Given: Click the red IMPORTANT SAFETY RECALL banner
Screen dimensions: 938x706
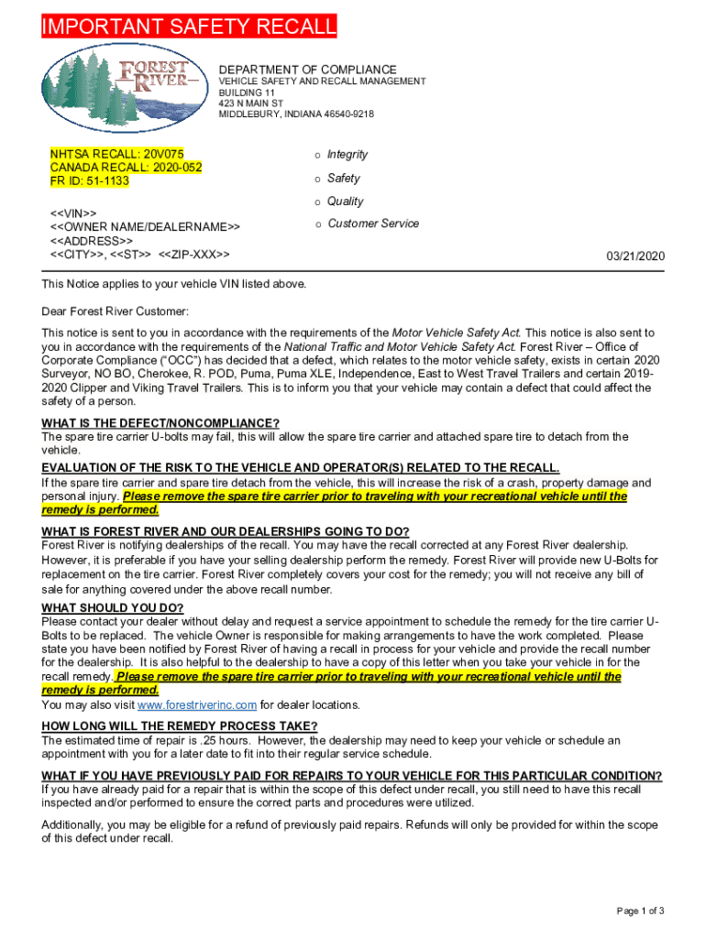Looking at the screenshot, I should coord(189,27).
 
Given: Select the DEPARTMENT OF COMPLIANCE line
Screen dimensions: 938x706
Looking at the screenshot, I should coord(307,70).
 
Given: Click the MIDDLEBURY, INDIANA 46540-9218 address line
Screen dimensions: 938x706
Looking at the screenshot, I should coord(296,114).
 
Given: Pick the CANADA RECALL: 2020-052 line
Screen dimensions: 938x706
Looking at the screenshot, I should coord(126,168).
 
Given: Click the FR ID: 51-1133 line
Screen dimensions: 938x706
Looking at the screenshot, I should coord(90,180).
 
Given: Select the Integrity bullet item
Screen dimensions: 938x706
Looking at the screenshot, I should coord(347,155).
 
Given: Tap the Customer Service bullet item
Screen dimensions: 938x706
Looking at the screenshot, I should coord(373,224).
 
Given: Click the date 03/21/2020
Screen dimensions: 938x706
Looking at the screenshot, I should coord(635,256).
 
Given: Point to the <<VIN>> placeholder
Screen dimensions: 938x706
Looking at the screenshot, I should coord(73,213).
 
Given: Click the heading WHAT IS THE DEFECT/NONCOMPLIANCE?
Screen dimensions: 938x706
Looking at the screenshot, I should coord(160,422).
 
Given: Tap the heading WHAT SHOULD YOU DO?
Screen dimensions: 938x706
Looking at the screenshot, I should coord(113,608).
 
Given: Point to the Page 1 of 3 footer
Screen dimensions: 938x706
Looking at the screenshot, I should coord(641,910).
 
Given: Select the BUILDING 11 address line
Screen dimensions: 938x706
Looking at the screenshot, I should coord(247,93).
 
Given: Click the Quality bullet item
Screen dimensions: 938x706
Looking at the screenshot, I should coord(346,202).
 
